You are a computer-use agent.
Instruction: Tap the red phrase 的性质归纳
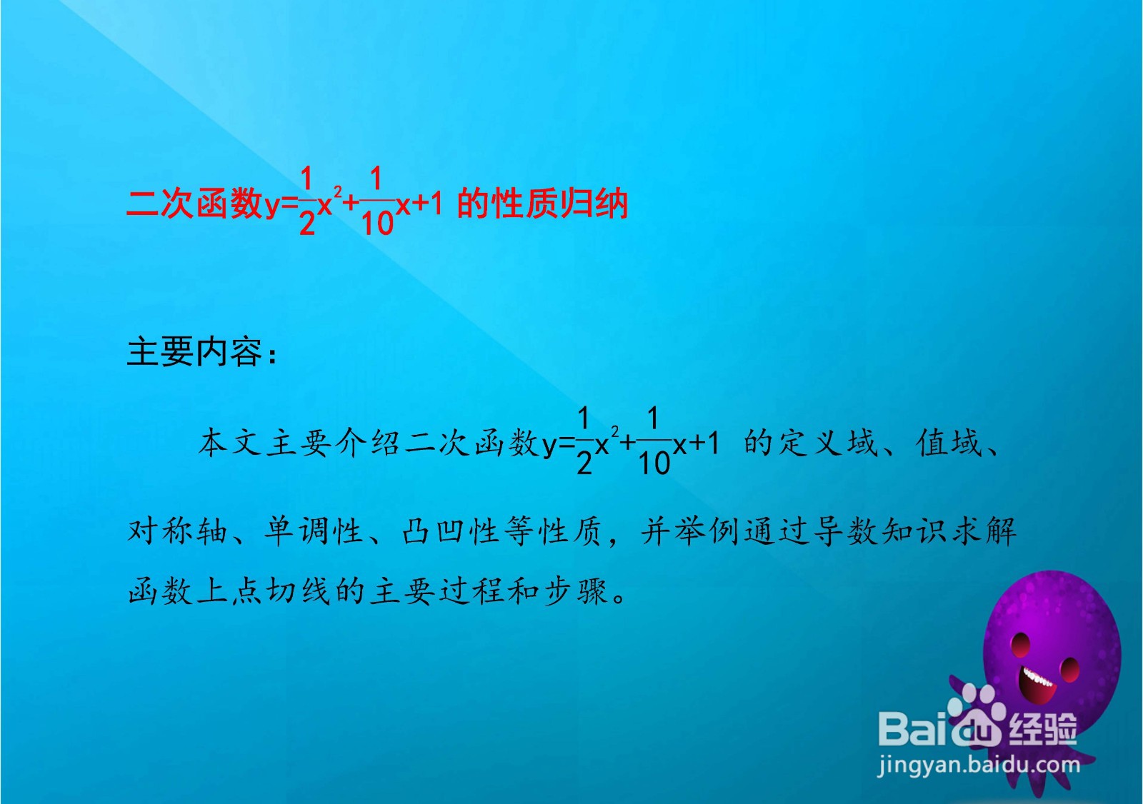click(x=542, y=204)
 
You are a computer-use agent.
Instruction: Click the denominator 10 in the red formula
click(x=377, y=223)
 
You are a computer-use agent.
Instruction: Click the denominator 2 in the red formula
click(x=307, y=223)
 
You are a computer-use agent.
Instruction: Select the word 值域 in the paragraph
click(x=949, y=443)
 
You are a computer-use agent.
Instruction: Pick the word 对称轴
click(x=177, y=531)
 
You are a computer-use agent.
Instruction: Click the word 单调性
click(x=314, y=531)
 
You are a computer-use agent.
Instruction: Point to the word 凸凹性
click(x=452, y=531)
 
